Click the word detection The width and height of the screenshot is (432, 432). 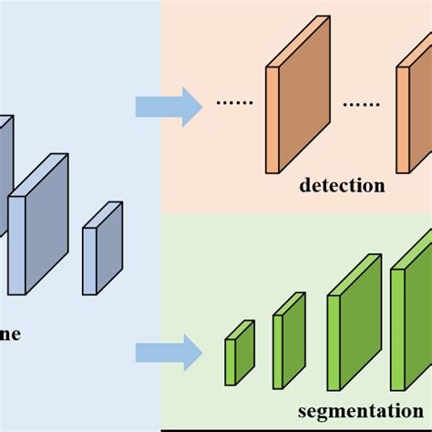click(343, 187)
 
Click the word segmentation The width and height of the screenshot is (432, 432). click(363, 411)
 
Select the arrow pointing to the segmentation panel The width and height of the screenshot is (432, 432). click(170, 352)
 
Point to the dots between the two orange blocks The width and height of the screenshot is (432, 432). click(360, 104)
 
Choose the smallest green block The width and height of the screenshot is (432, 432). click(240, 352)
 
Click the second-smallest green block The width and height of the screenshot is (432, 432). click(288, 339)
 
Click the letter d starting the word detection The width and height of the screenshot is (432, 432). click(305, 187)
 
